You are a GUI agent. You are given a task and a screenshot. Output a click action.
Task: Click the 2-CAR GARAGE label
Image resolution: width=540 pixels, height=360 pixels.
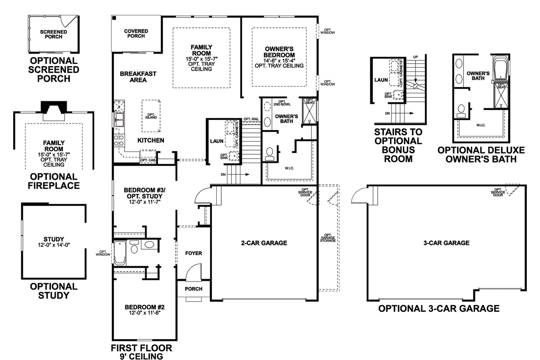264,243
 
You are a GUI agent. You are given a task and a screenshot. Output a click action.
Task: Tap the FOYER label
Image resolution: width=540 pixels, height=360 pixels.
193,253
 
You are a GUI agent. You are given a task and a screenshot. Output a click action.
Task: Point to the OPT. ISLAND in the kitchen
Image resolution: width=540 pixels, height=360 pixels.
151,116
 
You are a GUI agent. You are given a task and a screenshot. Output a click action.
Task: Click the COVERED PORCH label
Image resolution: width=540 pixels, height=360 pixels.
136,33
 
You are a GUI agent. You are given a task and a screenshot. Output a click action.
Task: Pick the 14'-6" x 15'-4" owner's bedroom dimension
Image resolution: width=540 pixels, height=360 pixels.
279,60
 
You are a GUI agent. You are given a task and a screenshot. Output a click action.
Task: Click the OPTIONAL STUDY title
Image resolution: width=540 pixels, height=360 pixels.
54,291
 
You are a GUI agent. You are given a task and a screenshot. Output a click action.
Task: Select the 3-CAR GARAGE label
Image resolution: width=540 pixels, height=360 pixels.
446,243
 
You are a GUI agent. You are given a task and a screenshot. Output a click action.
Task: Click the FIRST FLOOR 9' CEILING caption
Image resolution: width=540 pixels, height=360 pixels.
141,352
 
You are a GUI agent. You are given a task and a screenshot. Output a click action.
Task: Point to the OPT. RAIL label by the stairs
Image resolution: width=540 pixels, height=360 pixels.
251,119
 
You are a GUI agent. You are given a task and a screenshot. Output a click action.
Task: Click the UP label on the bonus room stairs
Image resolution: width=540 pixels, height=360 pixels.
415,57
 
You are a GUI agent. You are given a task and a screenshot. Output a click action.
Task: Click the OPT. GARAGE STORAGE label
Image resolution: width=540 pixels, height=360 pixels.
328,238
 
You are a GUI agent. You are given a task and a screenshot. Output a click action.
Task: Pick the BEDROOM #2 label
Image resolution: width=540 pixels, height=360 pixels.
145,307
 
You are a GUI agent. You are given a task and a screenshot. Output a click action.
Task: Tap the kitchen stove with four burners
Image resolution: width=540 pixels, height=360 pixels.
119,140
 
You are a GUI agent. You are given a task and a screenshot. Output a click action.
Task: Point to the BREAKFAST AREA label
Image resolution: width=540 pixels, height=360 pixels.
138,77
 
